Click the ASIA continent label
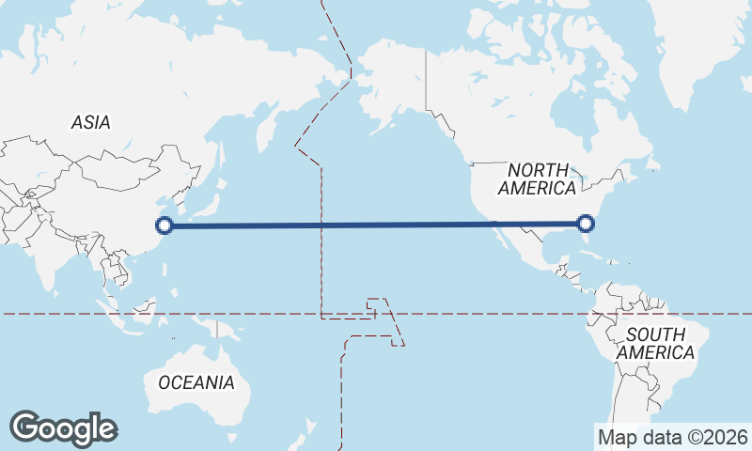pos(91,122)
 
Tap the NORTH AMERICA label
pos(538,179)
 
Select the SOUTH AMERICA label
pos(661,343)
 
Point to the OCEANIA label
pos(196,382)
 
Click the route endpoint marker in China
pos(164,225)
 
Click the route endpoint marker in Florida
pos(586,224)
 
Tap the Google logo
pos(63,428)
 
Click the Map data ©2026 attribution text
pos(673,437)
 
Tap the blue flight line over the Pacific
pos(376,225)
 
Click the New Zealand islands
pos(303,434)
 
